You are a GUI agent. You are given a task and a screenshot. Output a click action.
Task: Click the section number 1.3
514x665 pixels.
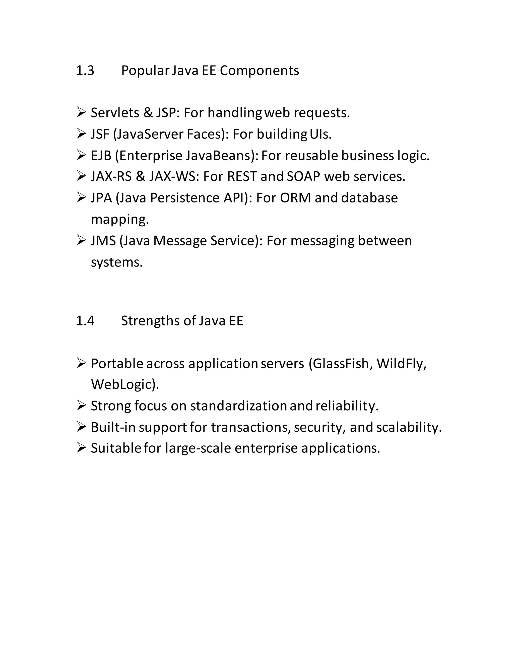click(85, 71)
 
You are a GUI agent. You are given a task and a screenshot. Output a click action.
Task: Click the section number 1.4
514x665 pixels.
click(85, 321)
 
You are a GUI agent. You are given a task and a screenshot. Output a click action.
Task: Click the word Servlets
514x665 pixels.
click(115, 113)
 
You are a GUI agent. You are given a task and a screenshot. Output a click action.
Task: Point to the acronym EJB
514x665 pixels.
click(101, 156)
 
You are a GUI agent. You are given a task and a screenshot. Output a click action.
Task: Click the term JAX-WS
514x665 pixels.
click(172, 177)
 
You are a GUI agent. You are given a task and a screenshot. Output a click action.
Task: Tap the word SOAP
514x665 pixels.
click(303, 177)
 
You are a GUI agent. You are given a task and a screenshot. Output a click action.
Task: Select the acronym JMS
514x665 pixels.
click(103, 241)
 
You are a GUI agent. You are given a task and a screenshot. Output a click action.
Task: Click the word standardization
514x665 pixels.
click(238, 406)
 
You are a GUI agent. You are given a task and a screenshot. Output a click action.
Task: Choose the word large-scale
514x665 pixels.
click(198, 448)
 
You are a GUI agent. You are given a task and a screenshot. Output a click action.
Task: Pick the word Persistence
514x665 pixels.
click(184, 198)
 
